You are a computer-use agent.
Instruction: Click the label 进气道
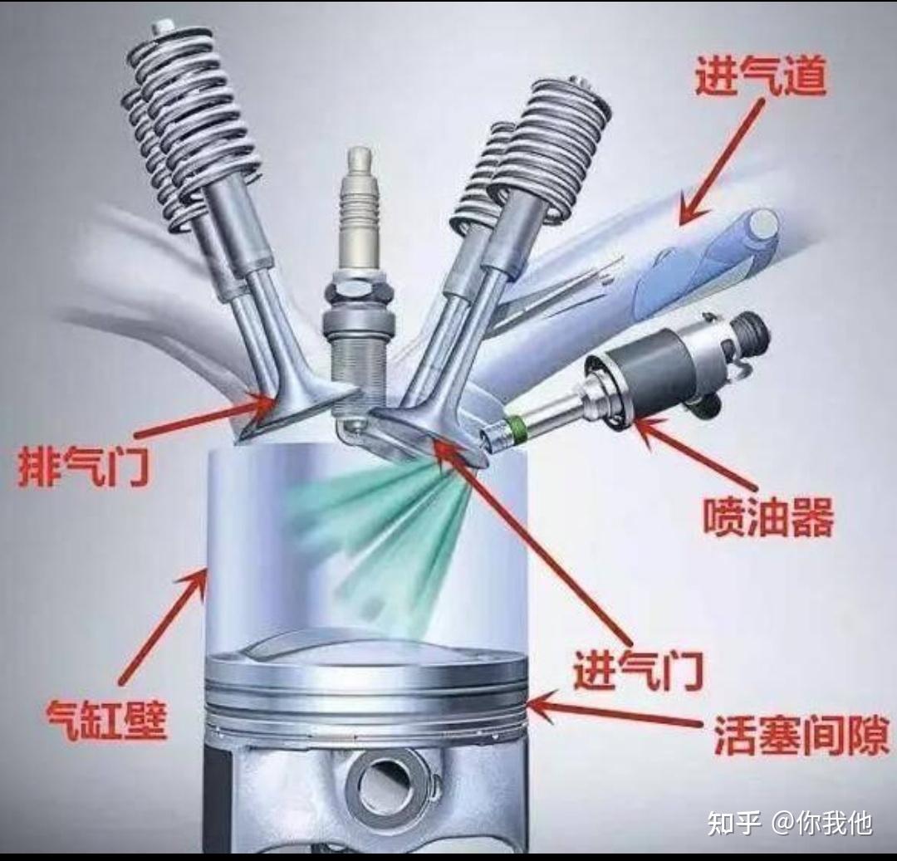761,76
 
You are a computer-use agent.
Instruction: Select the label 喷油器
768,516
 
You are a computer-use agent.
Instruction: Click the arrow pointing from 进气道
722,161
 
